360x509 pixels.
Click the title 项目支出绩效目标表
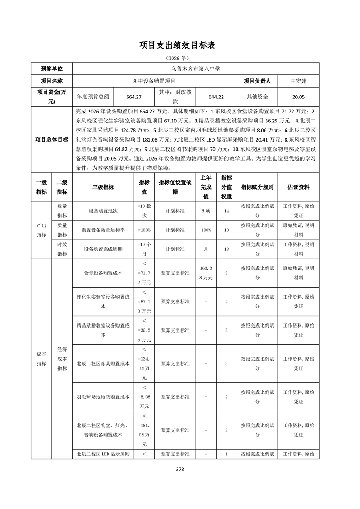(180, 45)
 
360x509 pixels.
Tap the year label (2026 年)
(180, 59)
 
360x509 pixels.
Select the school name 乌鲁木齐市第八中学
(195, 69)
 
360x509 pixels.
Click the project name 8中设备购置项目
(154, 81)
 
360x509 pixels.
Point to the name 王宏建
(298, 81)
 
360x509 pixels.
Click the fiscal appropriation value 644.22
(216, 97)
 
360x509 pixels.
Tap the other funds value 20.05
(298, 97)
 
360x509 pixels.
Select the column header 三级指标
(103, 187)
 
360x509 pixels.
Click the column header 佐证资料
(298, 187)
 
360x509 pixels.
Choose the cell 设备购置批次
(103, 211)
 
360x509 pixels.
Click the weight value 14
(226, 211)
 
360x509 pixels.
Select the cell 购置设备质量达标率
(103, 230)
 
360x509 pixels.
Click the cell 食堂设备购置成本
(103, 273)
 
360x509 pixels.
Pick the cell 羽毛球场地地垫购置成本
(103, 397)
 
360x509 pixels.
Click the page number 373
(180, 470)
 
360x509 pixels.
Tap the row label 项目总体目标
(52, 140)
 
